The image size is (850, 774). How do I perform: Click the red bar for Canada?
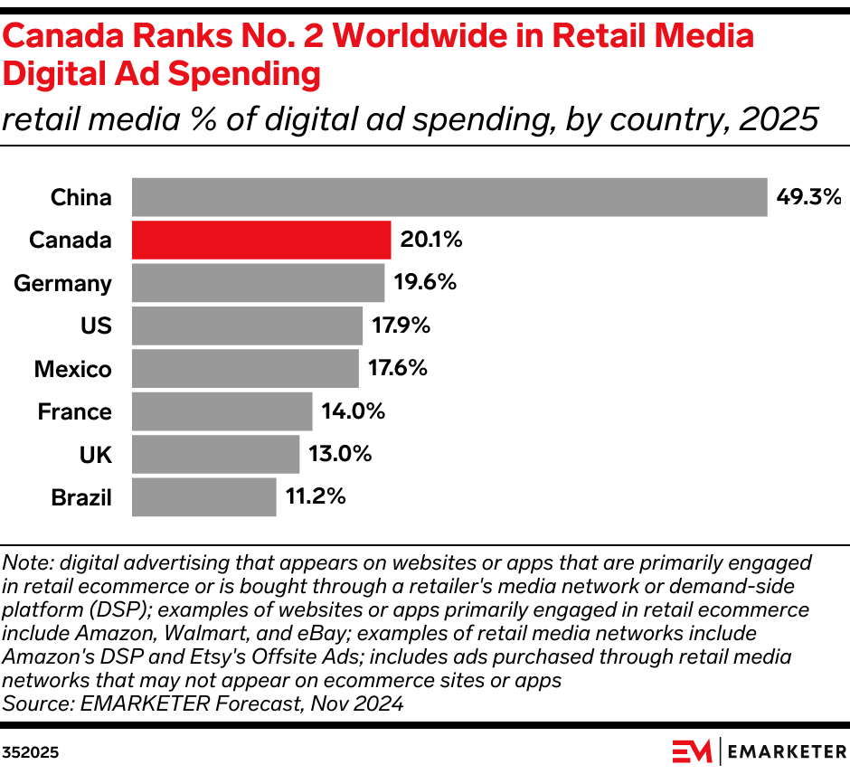[261, 240]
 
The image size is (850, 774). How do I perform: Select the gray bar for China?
[449, 197]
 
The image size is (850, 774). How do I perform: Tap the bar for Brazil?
[203, 497]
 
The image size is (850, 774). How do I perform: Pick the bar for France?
[222, 411]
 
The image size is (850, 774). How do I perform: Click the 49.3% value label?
[808, 197]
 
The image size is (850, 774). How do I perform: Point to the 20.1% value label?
[431, 240]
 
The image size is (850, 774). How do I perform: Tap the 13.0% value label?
[340, 454]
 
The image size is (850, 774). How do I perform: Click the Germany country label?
[62, 283]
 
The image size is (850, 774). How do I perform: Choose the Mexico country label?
[72, 369]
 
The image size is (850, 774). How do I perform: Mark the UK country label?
[96, 454]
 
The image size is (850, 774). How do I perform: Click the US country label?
[96, 326]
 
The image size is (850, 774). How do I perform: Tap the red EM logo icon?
[692, 750]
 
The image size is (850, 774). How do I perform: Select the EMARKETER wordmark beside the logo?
[785, 750]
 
